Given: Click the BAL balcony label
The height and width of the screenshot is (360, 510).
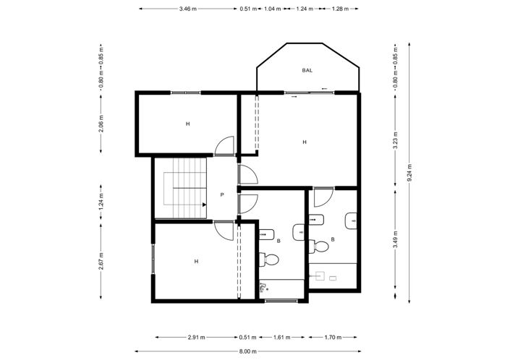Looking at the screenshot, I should [x=307, y=70].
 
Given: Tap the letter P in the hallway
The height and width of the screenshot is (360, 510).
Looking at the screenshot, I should [x=222, y=195].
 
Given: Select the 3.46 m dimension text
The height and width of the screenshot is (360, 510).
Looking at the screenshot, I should [x=189, y=9].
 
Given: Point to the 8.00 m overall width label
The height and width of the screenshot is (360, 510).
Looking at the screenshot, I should [x=248, y=351].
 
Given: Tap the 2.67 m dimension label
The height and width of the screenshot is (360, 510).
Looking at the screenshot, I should [x=101, y=261].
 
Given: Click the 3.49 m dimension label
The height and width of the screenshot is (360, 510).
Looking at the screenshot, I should [x=395, y=244].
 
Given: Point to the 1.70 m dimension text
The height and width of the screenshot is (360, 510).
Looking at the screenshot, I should [x=332, y=337].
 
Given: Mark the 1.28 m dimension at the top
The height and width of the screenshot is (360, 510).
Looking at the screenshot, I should [x=340, y=9].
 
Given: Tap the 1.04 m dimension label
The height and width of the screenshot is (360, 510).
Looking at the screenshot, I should [x=273, y=9].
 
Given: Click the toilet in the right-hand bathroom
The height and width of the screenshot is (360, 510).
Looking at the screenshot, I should [x=320, y=247].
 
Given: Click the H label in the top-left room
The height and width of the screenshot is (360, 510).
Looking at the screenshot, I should [x=187, y=124].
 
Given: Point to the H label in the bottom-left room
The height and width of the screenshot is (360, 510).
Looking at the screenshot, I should [x=195, y=261].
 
